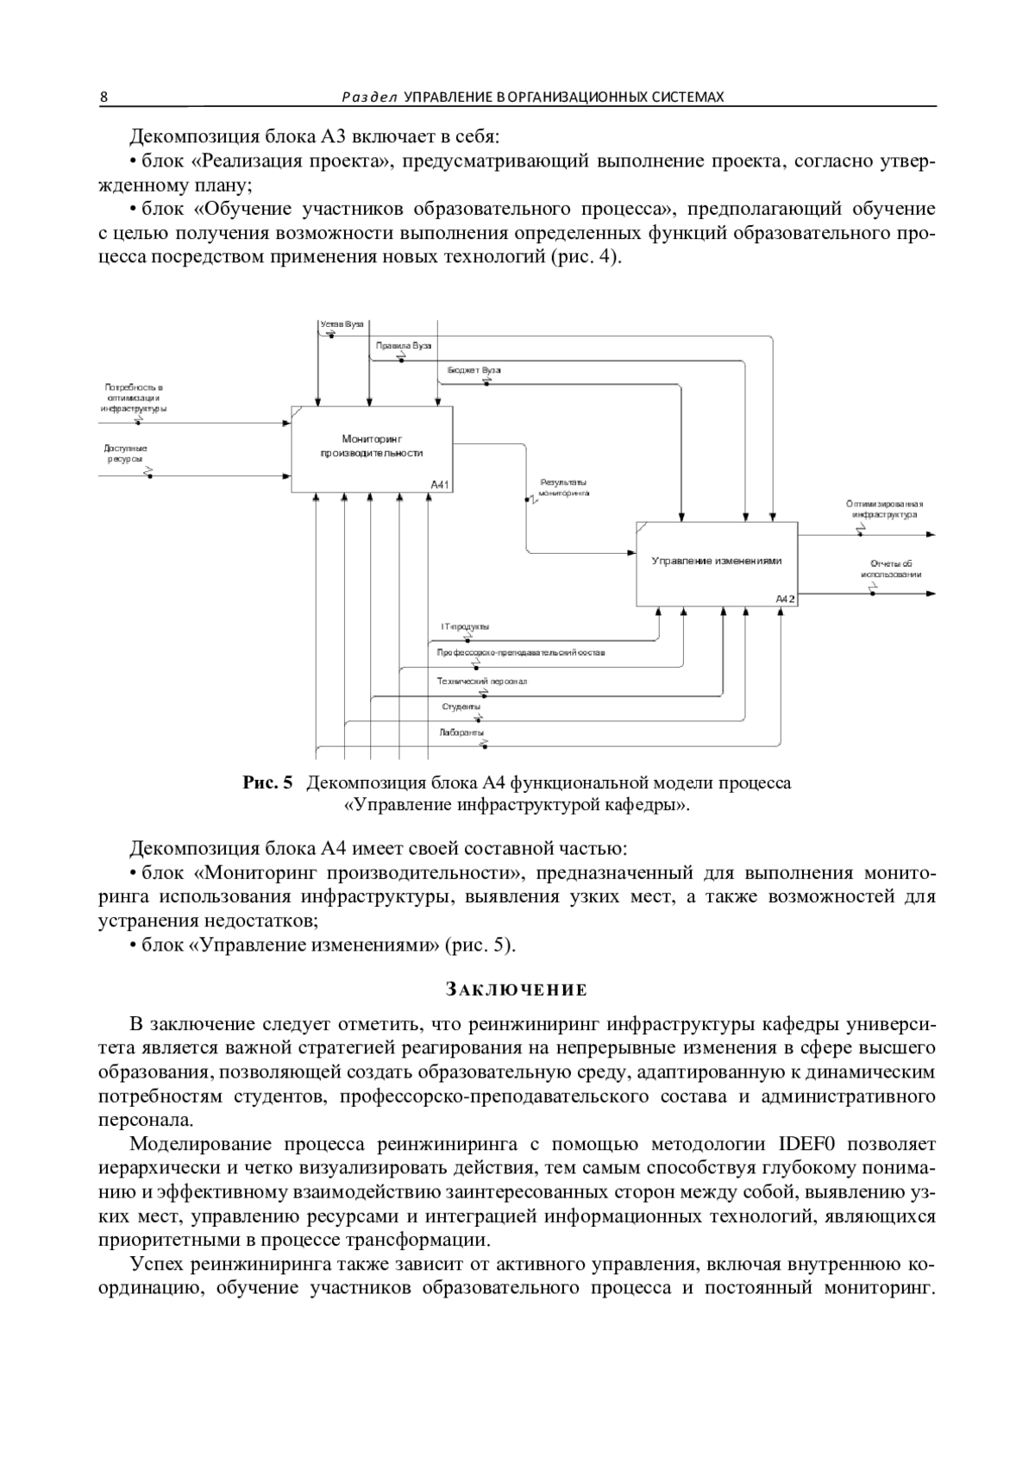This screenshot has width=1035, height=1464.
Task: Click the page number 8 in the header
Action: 103,97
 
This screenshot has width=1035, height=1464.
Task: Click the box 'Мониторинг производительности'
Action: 372,447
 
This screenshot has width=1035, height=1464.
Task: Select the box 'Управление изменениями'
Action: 717,562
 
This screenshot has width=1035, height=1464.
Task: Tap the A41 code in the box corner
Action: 441,485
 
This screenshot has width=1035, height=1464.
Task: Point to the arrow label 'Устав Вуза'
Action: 342,324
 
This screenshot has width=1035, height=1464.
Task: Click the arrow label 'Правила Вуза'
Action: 404,346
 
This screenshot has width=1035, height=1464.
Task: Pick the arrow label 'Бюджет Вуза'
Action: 474,370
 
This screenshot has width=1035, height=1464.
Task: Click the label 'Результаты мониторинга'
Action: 563,488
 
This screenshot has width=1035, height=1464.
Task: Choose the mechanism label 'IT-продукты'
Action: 465,627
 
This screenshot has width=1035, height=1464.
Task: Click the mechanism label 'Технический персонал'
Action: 481,682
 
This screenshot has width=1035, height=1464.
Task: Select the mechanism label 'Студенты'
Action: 461,707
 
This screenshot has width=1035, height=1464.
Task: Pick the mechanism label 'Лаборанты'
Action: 461,732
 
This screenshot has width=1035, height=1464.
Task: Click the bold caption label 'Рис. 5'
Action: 267,783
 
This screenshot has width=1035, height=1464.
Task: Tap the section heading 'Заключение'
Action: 517,989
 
